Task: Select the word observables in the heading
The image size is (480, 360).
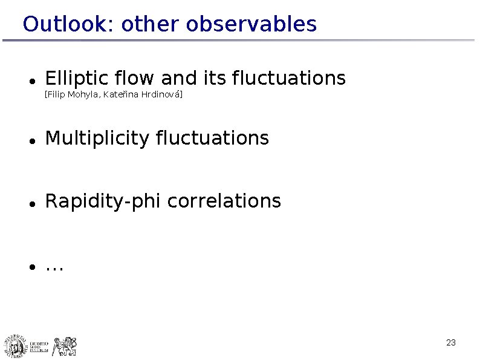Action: (251, 24)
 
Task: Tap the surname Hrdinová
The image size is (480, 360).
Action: (161, 96)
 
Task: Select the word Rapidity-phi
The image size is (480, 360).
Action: (103, 201)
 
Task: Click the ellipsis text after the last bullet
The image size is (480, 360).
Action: (54, 267)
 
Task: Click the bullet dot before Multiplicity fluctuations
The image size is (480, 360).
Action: (30, 140)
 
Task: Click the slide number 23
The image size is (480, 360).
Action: (450, 343)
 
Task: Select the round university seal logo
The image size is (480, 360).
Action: (16, 346)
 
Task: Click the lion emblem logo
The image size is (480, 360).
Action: (65, 346)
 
